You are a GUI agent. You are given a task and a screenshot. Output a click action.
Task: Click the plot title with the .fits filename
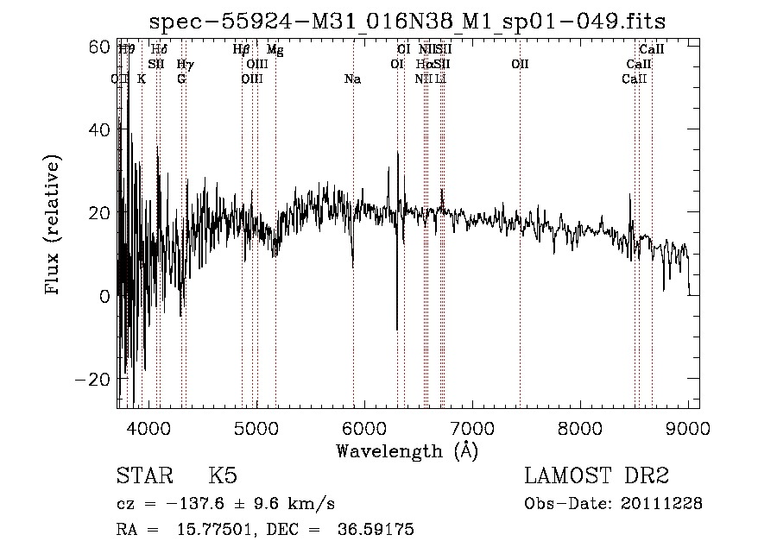click(x=407, y=21)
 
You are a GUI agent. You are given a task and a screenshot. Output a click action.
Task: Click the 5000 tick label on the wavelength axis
click(x=256, y=427)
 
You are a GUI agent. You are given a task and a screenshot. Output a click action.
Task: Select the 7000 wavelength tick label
click(x=472, y=427)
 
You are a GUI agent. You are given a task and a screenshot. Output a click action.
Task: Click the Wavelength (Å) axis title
click(x=407, y=450)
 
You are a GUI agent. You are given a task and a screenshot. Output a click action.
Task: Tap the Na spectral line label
click(x=352, y=79)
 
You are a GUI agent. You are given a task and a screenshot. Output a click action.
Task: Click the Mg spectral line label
click(x=275, y=50)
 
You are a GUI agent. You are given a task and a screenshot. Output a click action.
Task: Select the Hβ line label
click(x=241, y=50)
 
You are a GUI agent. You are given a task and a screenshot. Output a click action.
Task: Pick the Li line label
click(x=441, y=79)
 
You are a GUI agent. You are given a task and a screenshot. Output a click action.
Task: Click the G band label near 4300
click(x=181, y=79)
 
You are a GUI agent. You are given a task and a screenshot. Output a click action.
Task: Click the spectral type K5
click(x=223, y=476)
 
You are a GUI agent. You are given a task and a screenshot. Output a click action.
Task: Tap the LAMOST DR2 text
click(x=597, y=476)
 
